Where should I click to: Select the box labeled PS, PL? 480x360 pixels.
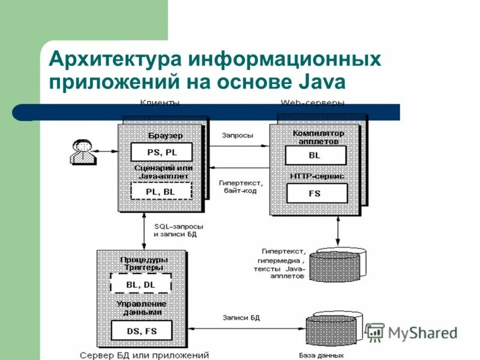point(161,152)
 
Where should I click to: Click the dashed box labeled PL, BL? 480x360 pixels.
point(161,191)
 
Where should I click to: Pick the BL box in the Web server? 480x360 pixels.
point(316,155)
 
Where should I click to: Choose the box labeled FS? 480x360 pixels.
point(316,193)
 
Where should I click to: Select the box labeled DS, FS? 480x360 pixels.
point(141,330)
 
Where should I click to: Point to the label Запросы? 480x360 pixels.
point(238,136)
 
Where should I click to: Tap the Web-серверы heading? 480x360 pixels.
point(312,103)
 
